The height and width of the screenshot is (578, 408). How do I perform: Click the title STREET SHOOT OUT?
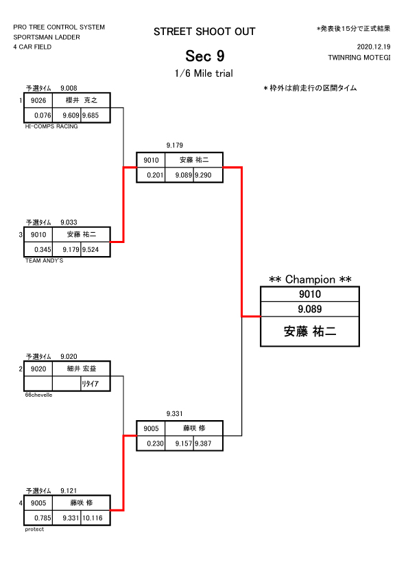point(204,32)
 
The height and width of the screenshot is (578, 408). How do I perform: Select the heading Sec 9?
point(205,56)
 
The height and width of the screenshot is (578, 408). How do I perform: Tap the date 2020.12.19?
point(374,47)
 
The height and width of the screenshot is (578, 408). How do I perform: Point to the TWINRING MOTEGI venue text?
point(359,58)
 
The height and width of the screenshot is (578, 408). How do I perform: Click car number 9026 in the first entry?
point(38,100)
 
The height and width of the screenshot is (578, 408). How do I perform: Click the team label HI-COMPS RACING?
point(51,126)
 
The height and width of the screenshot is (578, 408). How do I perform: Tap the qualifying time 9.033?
point(69,222)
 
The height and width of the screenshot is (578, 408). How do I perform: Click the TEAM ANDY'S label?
point(44,261)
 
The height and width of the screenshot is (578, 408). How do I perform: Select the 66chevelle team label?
point(38,395)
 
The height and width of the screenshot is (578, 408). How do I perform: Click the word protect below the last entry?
point(34,529)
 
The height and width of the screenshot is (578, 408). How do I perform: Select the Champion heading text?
point(310,279)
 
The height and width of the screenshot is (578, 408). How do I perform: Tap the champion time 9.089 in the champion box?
point(310,309)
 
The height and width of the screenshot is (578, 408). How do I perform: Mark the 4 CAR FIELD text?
point(32,47)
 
